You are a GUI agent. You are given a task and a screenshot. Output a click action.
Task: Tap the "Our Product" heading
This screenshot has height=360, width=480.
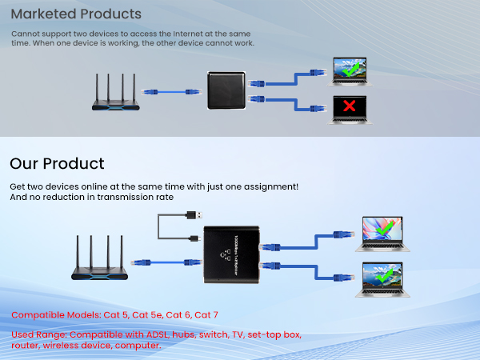57,164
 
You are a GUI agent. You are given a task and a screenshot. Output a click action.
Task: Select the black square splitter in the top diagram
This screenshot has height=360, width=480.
228,90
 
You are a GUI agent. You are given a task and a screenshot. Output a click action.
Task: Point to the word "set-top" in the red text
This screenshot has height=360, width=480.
264,334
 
